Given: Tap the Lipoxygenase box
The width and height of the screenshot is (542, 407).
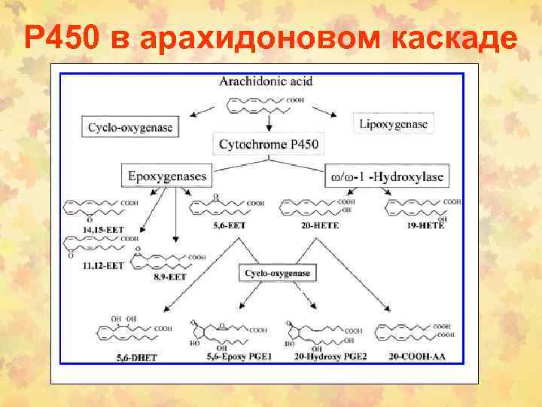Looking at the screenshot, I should pyautogui.click(x=393, y=124).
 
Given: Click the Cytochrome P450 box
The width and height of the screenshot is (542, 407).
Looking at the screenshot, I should pyautogui.click(x=267, y=143).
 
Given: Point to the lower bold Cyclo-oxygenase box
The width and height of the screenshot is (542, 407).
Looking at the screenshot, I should pyautogui.click(x=277, y=274).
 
